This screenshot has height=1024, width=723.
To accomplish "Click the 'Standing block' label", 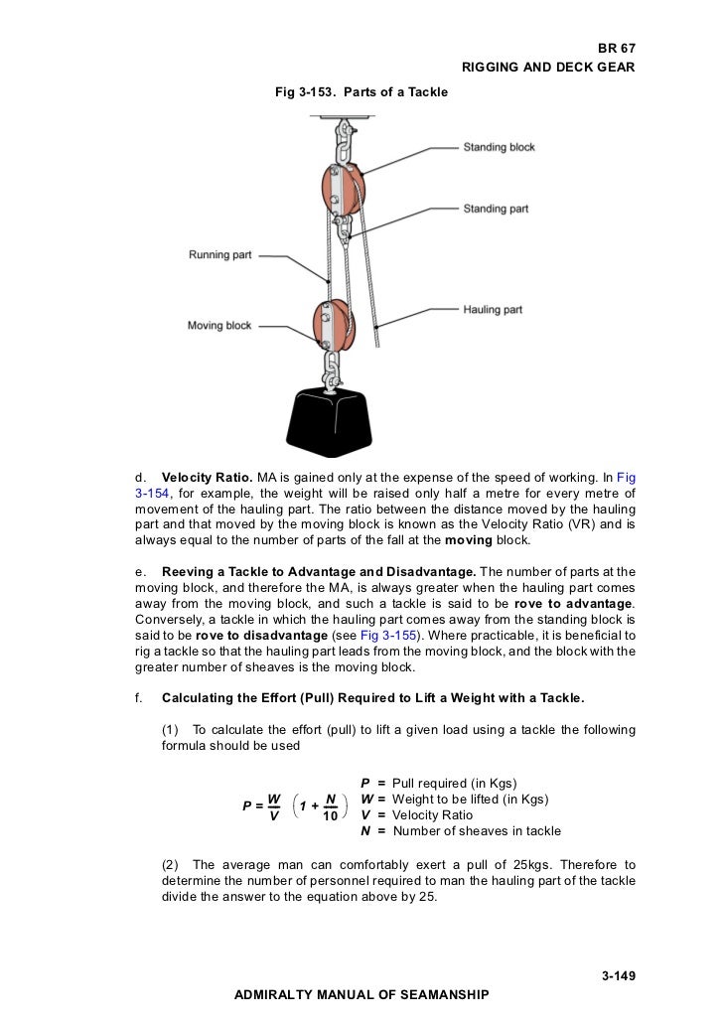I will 499,147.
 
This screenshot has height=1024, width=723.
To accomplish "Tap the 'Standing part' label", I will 496,209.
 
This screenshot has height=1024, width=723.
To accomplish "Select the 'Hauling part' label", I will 493,310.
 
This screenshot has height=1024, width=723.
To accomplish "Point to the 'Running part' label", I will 220,255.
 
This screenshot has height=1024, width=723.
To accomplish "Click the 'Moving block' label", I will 219,326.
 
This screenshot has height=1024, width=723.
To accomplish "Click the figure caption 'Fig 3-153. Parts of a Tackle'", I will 361,92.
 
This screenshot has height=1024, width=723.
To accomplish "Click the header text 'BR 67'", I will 615,48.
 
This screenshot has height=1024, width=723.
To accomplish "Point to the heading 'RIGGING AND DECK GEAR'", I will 548,67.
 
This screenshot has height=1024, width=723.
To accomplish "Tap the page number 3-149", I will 618,976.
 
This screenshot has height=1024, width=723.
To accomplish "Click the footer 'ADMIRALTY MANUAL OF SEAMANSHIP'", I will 361,994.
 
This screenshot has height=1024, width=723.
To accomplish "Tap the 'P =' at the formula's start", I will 252,805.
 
